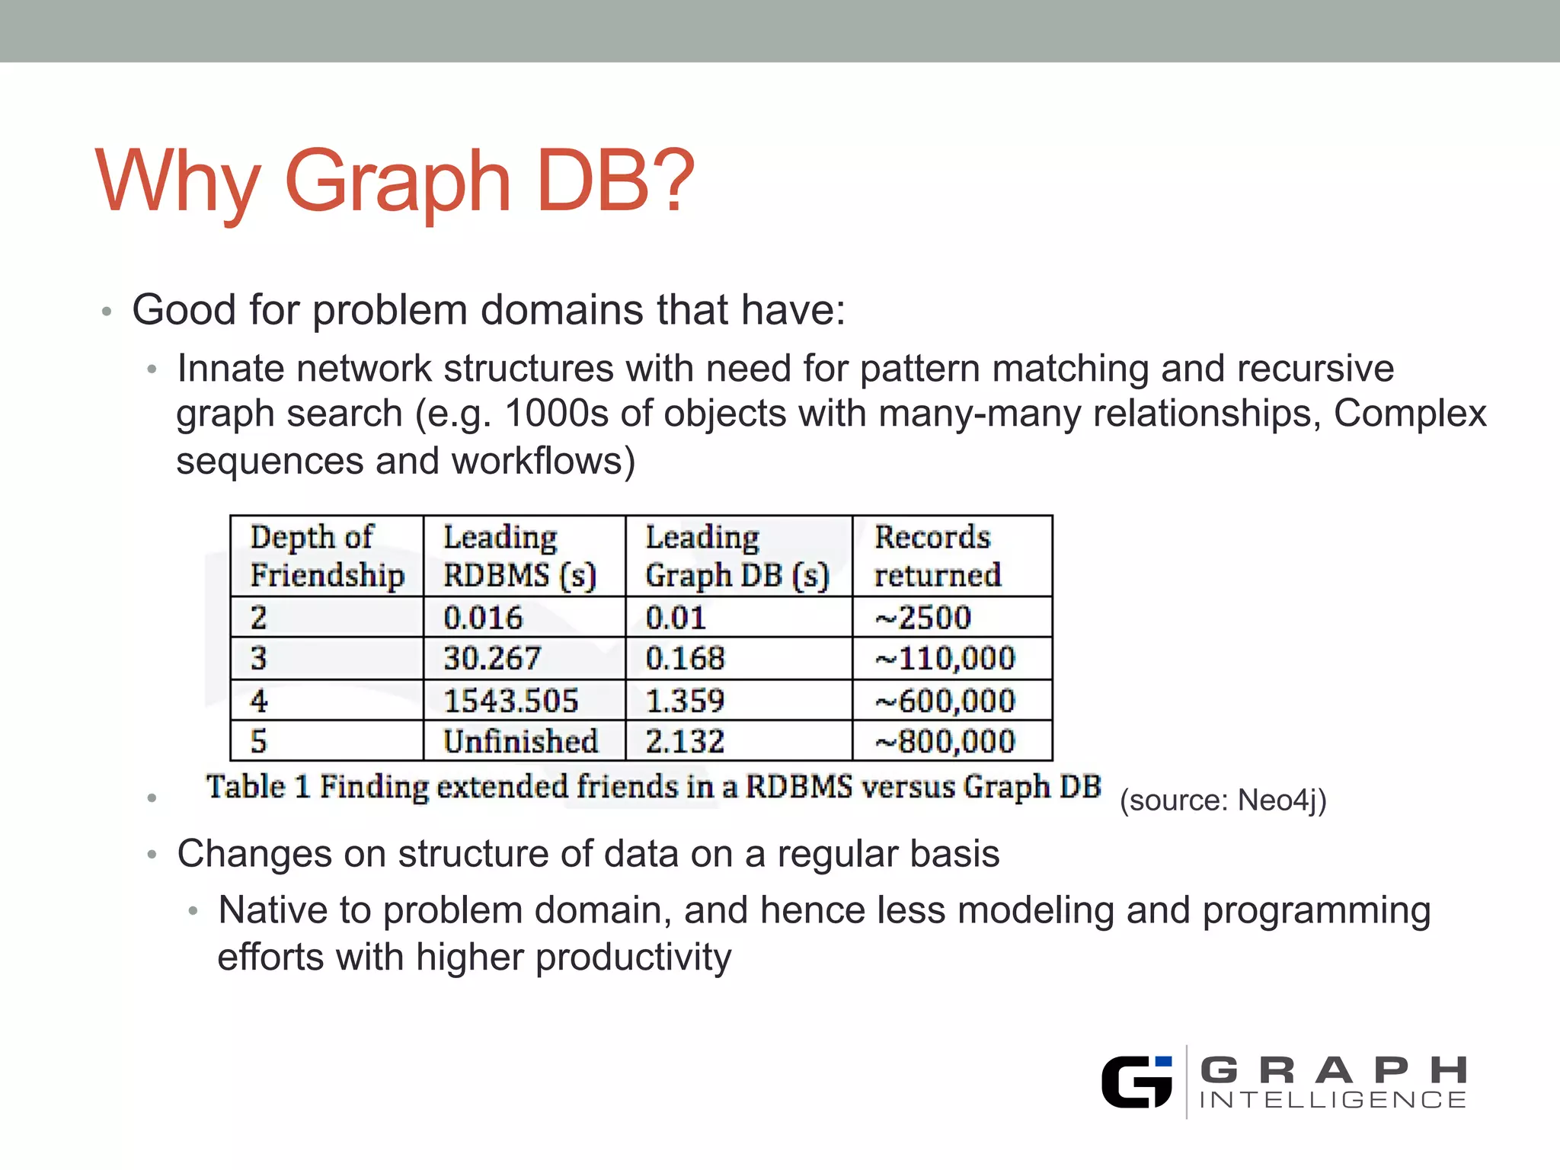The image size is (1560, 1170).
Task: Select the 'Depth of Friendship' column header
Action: (326, 556)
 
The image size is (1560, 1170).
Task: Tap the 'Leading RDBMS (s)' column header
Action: (519, 556)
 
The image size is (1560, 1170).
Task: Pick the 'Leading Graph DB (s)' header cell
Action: (736, 556)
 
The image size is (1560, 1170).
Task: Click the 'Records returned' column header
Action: (937, 556)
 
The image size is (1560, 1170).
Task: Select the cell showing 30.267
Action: (492, 658)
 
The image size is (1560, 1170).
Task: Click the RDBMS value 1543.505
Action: (510, 701)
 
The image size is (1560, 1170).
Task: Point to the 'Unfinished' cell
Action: (521, 741)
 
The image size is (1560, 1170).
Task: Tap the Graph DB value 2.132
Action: (685, 741)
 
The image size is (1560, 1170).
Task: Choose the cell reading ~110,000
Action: (945, 658)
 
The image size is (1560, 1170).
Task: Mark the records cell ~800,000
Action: (945, 741)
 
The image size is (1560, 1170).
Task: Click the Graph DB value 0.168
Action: (685, 658)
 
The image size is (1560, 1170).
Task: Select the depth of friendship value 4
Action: (259, 701)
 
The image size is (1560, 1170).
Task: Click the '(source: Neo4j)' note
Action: (1223, 800)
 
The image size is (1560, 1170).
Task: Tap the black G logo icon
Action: (1136, 1082)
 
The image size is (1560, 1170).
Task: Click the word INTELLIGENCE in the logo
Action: (1332, 1100)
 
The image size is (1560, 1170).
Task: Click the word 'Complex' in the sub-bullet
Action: (1409, 414)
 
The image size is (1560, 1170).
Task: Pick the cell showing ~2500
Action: (922, 617)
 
